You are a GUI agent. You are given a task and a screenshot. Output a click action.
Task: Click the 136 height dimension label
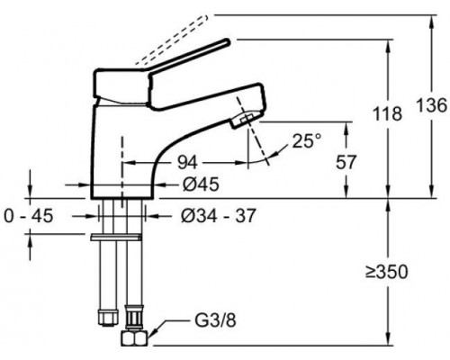[x=432, y=105]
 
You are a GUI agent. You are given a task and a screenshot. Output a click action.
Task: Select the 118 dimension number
[x=387, y=114]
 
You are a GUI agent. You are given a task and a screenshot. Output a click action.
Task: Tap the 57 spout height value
[x=346, y=162]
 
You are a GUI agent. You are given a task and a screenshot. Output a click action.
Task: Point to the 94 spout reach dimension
[x=187, y=163]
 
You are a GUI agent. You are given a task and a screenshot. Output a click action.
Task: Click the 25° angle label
[x=307, y=140]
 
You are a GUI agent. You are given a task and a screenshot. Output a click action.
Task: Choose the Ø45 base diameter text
[x=201, y=184]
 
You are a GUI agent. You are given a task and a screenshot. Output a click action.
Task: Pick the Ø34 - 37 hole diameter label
[x=219, y=216]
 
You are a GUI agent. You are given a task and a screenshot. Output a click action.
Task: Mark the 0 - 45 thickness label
[x=29, y=216]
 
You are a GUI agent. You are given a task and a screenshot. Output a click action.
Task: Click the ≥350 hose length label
[x=387, y=272]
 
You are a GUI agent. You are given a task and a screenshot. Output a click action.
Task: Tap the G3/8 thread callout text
[x=215, y=320]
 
